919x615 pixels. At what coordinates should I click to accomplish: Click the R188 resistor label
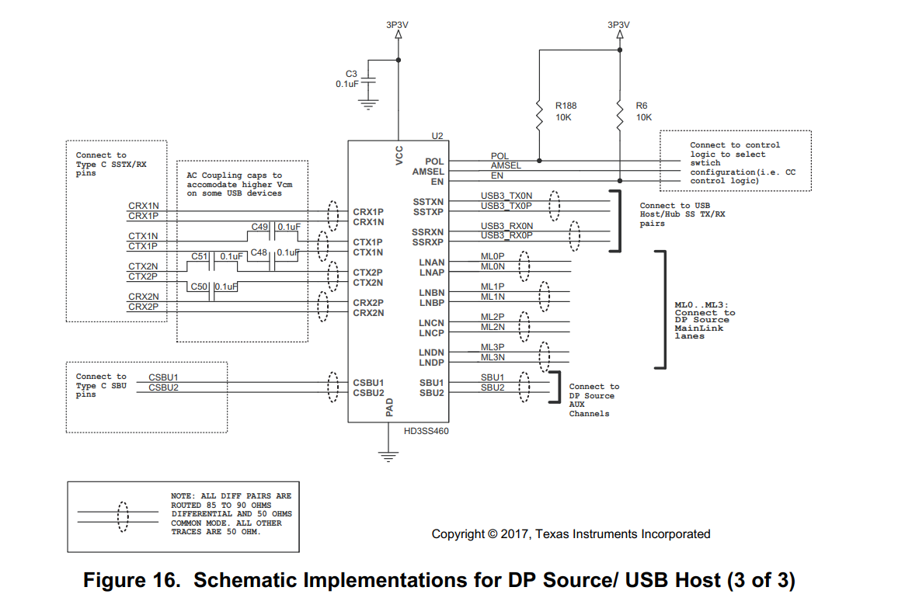point(566,106)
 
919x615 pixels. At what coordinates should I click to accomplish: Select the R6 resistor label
point(641,106)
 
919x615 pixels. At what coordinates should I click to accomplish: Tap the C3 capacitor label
point(351,74)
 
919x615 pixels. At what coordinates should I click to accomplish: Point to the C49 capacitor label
point(259,227)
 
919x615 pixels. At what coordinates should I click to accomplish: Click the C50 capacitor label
point(200,287)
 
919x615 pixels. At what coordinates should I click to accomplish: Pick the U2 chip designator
point(437,136)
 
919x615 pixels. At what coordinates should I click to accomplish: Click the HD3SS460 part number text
point(426,430)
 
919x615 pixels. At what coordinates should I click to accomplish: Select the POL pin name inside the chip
point(435,162)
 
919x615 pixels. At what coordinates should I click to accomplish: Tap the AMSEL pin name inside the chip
point(428,172)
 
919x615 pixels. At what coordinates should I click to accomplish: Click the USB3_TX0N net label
point(506,196)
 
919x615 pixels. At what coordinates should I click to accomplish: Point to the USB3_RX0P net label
point(506,235)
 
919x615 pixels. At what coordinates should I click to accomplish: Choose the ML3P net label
point(493,347)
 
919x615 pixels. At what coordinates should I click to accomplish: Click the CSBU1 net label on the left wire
point(163,377)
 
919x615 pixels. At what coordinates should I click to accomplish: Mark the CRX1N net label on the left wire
point(143,206)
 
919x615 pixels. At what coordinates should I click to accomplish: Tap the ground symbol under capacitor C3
point(370,103)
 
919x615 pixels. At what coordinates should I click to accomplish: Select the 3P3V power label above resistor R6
point(618,24)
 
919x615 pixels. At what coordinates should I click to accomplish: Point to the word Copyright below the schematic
point(458,534)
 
